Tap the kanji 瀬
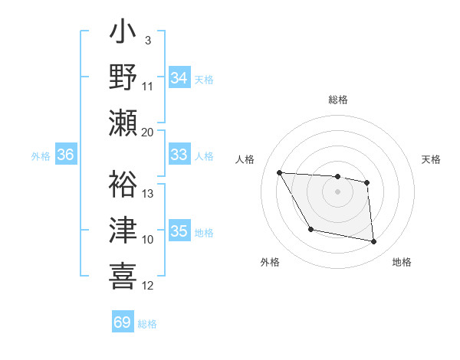pyautogui.click(x=123, y=123)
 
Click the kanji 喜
pyautogui.click(x=123, y=274)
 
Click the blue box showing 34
pyautogui.click(x=179, y=78)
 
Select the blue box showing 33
pyautogui.click(x=179, y=155)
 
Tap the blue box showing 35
pyautogui.click(x=179, y=231)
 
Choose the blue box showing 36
pyautogui.click(x=66, y=155)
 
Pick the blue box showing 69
pyautogui.click(x=123, y=322)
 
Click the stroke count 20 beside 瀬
pyautogui.click(x=148, y=132)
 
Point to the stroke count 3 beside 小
pyautogui.click(x=147, y=40)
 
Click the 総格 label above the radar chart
pyautogui.click(x=337, y=100)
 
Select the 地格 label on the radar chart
pyautogui.click(x=402, y=262)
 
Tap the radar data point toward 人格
pyautogui.click(x=279, y=172)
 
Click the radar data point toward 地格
pyautogui.click(x=374, y=242)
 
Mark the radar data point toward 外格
pyautogui.click(x=310, y=230)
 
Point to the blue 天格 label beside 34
pyautogui.click(x=203, y=79)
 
